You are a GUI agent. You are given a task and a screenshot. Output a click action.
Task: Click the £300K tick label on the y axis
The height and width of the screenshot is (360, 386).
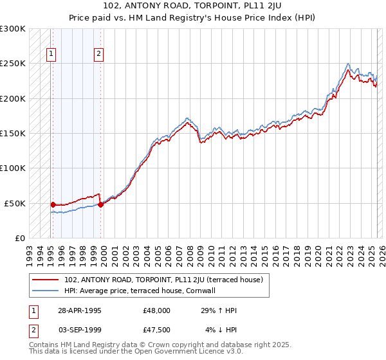(x=13, y=29)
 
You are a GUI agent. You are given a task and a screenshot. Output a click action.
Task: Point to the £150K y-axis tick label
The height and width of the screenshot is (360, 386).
(x=13, y=133)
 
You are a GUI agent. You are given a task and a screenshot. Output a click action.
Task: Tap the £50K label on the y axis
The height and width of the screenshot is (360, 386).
(x=15, y=203)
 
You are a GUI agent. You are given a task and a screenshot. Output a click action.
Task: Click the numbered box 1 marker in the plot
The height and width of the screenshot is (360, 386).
(x=51, y=55)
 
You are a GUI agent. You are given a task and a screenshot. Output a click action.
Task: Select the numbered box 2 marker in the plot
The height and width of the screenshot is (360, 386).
(x=98, y=55)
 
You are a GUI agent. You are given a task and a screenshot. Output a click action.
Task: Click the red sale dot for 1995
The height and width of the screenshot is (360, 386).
(x=53, y=204)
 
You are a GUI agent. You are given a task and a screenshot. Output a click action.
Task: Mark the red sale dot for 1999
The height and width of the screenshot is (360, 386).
(x=100, y=205)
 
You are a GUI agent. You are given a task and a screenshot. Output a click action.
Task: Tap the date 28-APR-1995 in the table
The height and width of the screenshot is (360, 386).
(x=80, y=310)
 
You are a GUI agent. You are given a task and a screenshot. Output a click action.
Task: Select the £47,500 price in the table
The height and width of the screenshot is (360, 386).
(x=157, y=330)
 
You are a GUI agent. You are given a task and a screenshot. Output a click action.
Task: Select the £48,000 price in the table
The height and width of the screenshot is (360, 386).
(x=157, y=310)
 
